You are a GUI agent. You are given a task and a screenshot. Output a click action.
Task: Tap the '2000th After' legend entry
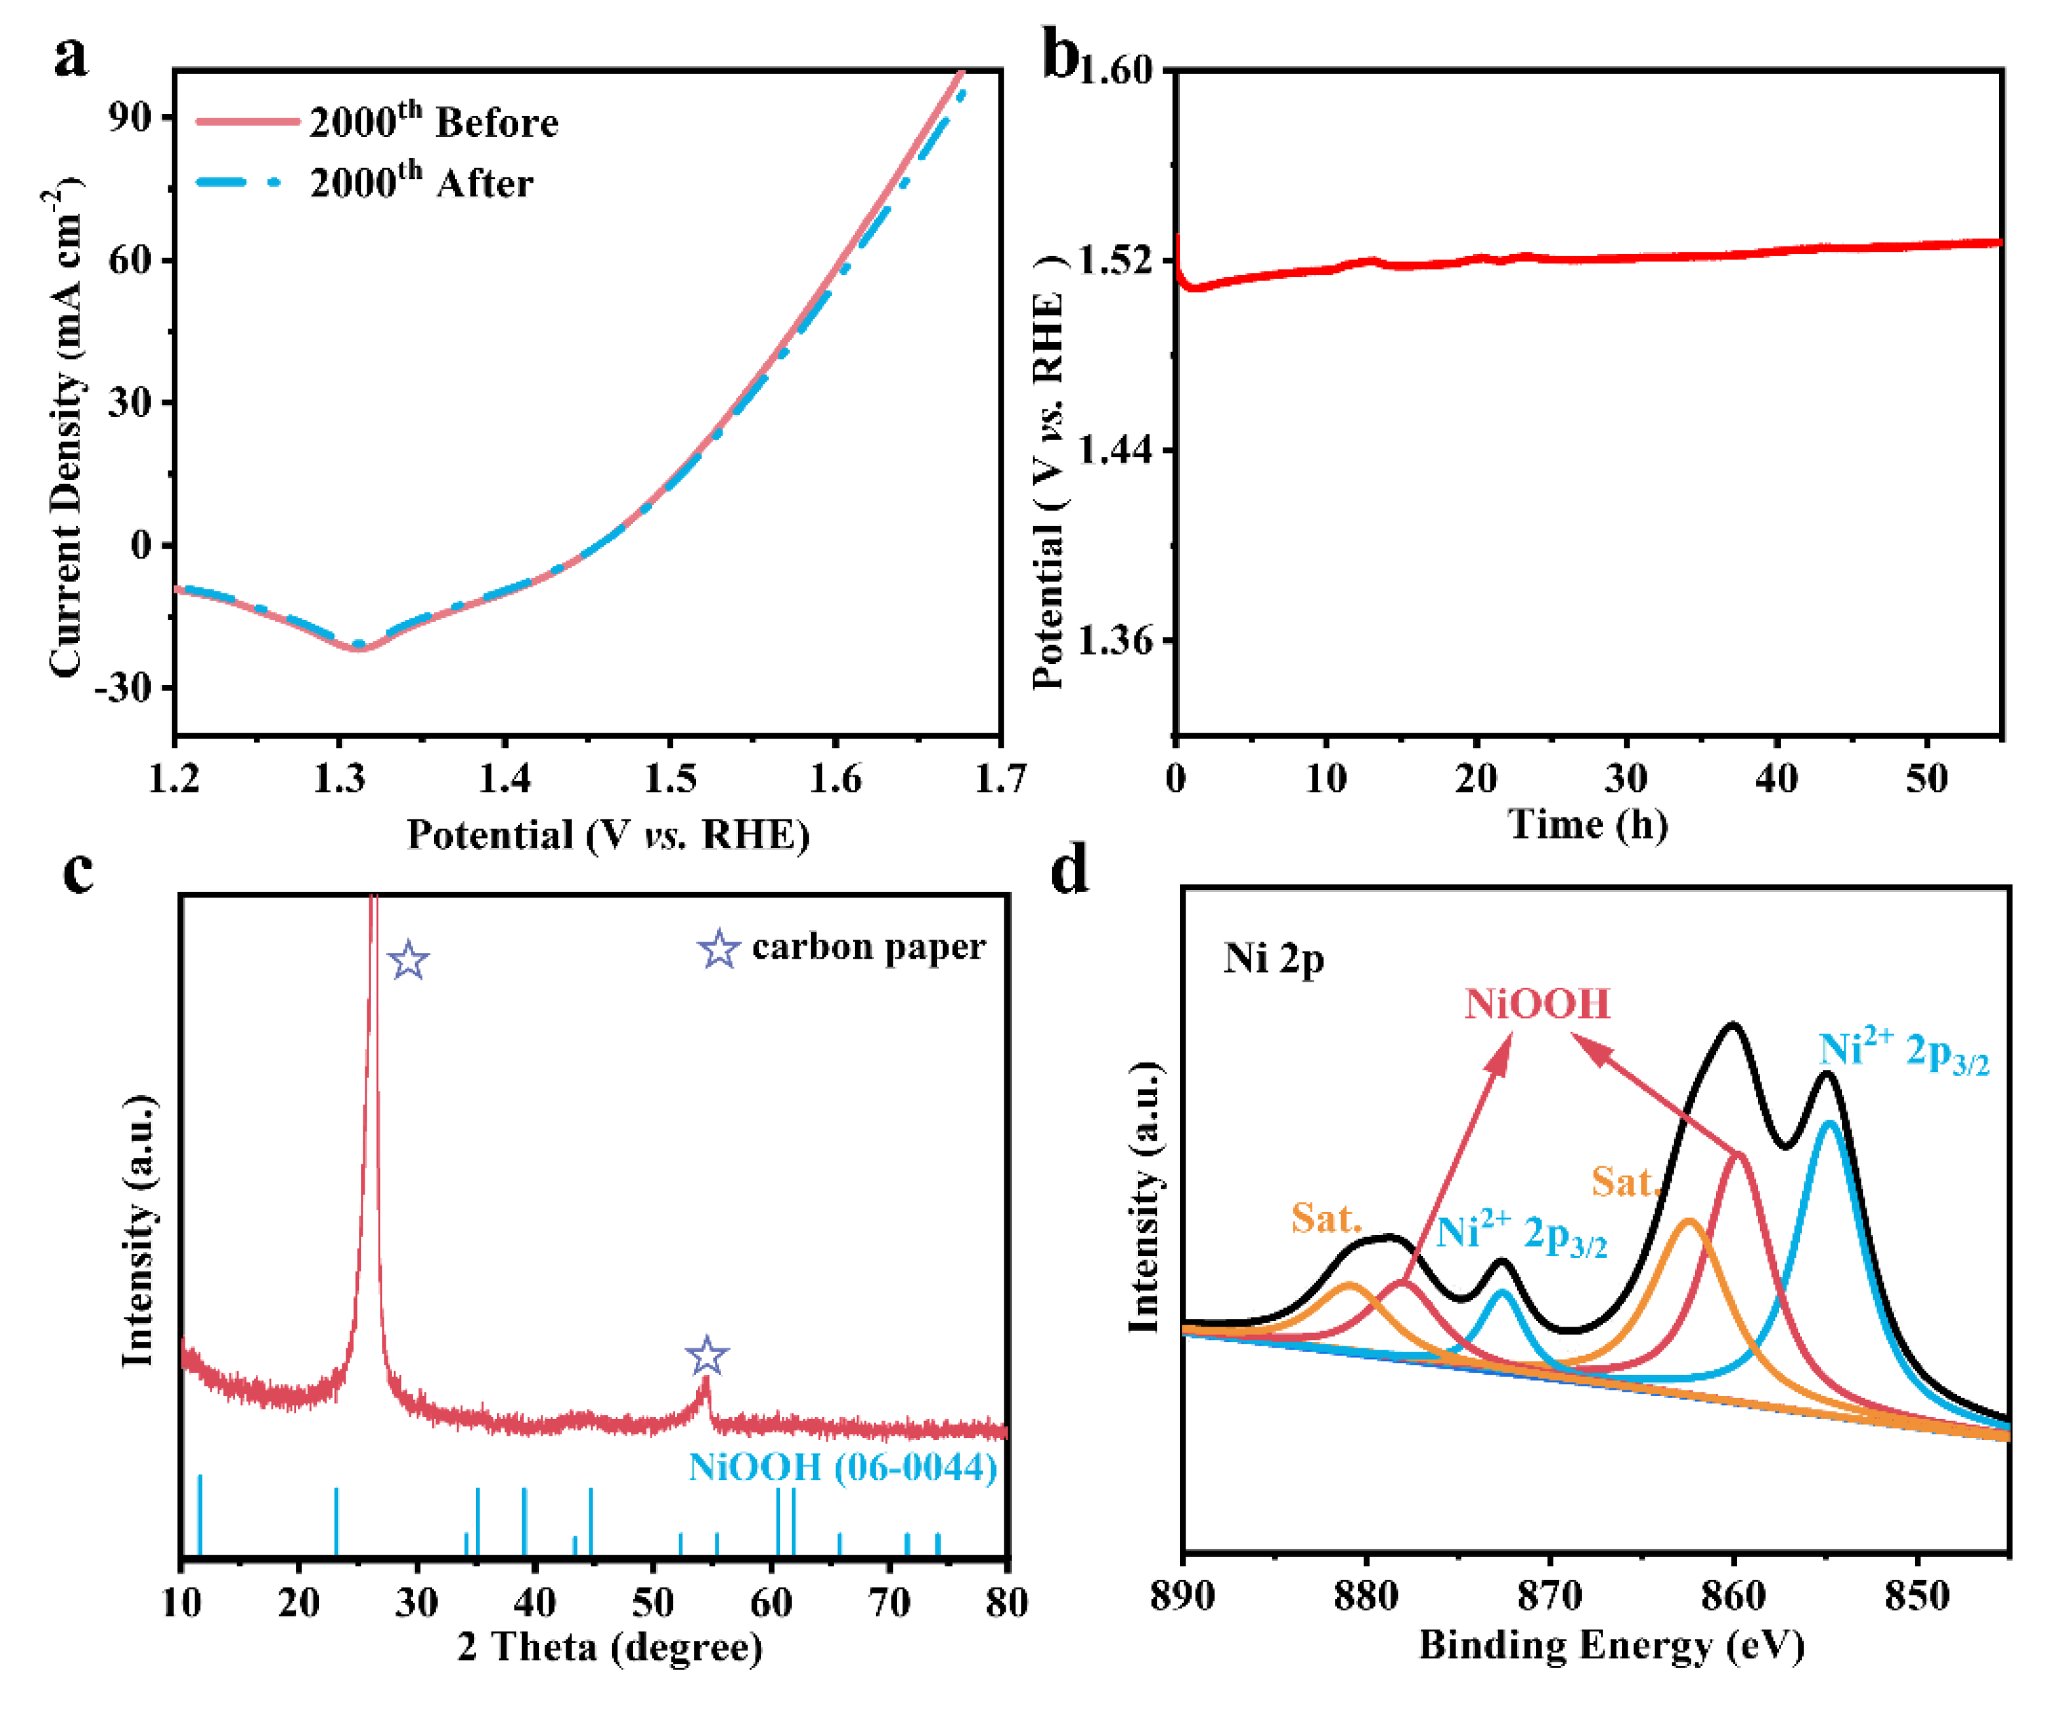point(420,183)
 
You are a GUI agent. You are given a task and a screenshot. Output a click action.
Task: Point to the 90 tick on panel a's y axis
point(130,117)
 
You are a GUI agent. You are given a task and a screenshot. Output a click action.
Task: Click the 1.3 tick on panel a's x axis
point(339,779)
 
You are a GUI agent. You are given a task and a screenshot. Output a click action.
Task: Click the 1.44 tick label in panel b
point(1114,451)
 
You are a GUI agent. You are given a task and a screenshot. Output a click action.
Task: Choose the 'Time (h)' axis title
point(1588,824)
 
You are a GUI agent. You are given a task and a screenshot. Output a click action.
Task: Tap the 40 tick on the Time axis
point(1776,779)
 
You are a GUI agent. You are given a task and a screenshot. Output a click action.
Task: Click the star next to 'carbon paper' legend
point(719,949)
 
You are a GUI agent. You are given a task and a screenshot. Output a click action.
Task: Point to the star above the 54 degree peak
point(706,1356)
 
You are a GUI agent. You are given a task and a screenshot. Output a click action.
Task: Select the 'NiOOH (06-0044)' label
point(842,1467)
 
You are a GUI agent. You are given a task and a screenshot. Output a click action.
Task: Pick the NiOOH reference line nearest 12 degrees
point(200,1514)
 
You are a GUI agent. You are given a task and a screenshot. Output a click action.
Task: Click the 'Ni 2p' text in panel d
point(1273,959)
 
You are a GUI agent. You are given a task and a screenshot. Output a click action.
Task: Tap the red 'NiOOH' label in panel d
point(1536,1003)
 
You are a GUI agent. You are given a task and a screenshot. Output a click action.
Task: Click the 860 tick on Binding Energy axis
point(1734,1596)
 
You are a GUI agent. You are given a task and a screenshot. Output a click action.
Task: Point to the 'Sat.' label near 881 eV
point(1326,1218)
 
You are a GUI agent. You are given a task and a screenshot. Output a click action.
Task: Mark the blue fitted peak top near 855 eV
point(1827,1124)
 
